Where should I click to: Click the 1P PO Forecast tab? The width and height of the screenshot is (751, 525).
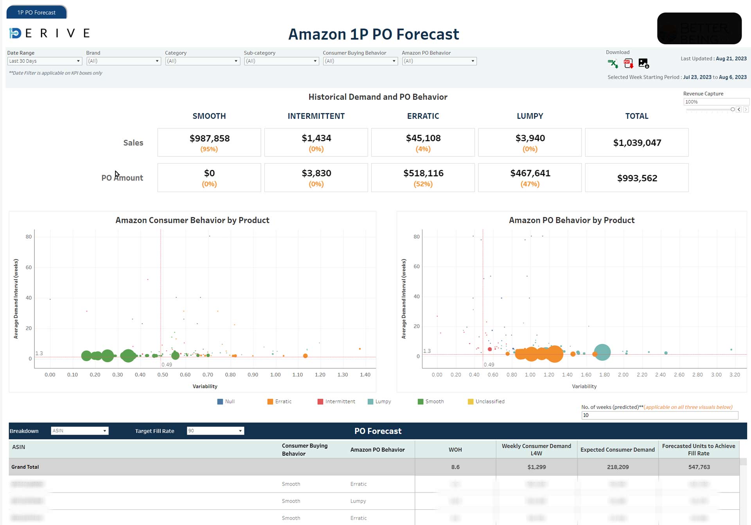click(36, 13)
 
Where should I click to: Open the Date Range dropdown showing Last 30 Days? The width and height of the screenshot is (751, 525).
click(45, 61)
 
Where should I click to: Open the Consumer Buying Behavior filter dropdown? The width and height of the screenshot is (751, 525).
click(360, 61)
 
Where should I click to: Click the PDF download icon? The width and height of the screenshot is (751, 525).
click(628, 63)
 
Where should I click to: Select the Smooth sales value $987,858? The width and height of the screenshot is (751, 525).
click(209, 138)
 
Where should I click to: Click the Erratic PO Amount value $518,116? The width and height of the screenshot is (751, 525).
click(423, 173)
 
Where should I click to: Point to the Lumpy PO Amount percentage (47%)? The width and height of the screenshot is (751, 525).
click(530, 184)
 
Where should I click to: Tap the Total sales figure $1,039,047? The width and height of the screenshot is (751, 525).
click(637, 143)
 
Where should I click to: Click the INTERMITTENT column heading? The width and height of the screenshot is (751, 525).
click(316, 116)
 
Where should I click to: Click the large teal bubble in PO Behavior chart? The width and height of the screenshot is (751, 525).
click(602, 352)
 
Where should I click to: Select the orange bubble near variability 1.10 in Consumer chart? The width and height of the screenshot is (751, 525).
click(305, 356)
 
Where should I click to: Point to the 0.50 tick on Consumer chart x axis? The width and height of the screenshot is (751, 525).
click(163, 375)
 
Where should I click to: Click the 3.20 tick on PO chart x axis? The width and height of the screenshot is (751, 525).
click(735, 375)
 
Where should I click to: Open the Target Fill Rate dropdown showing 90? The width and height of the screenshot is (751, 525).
click(215, 431)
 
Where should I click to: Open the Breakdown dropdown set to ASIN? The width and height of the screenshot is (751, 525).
click(79, 431)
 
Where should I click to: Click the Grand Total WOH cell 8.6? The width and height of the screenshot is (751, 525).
click(455, 467)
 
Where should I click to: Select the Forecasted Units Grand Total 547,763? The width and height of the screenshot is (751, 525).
click(699, 467)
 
